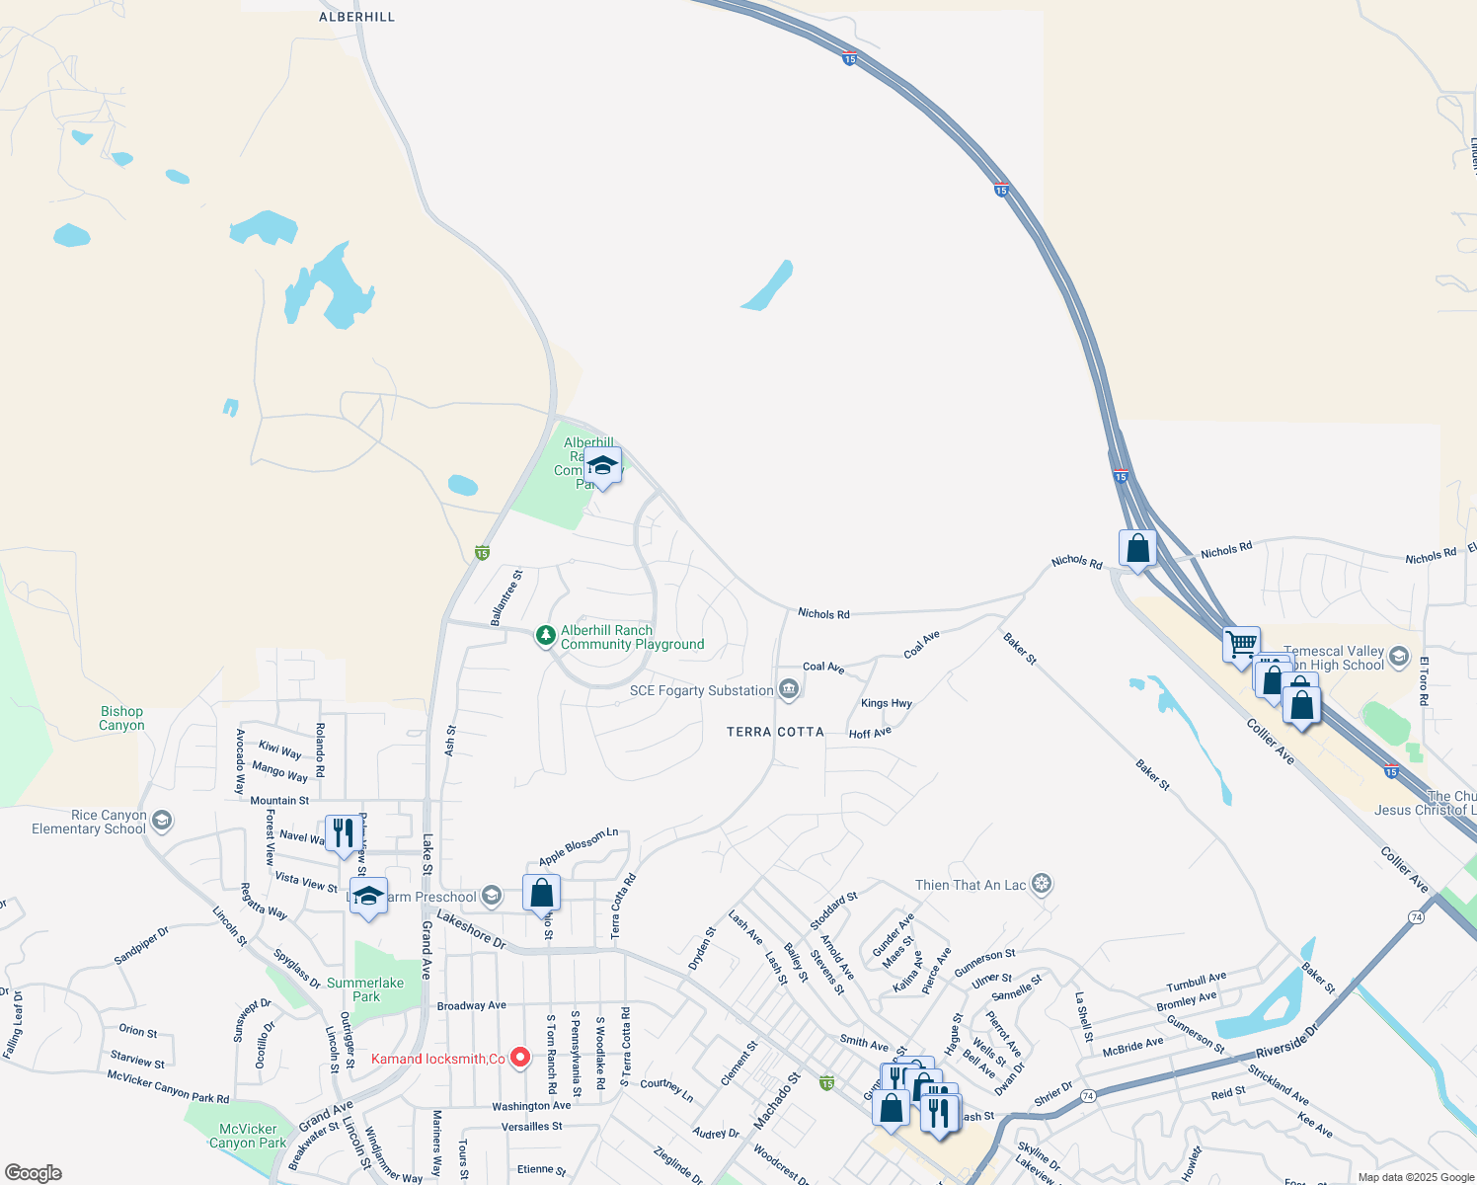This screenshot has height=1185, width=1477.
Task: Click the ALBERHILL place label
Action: pyautogui.click(x=356, y=17)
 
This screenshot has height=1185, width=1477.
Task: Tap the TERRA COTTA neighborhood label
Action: pyautogui.click(x=775, y=732)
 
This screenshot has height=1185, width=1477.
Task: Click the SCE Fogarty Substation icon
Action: pyautogui.click(x=788, y=689)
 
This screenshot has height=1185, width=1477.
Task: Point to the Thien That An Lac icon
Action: pyautogui.click(x=1042, y=884)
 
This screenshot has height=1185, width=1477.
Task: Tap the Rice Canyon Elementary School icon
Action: pyautogui.click(x=162, y=821)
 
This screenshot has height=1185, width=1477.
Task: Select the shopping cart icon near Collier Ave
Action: pyautogui.click(x=1241, y=644)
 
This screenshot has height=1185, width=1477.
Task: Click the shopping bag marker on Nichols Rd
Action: pyautogui.click(x=1137, y=547)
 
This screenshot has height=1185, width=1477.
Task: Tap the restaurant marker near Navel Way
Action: pyautogui.click(x=343, y=832)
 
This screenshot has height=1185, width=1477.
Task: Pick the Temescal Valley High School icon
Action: pyautogui.click(x=1398, y=657)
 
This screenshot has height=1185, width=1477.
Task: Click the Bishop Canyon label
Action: pyautogui.click(x=121, y=718)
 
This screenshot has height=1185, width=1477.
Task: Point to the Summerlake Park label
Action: pyautogui.click(x=365, y=989)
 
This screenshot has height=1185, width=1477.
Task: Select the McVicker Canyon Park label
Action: pyautogui.click(x=248, y=1136)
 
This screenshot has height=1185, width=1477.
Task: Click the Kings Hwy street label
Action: pyautogui.click(x=886, y=703)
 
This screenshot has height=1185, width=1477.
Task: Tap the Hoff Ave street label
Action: pyautogui.click(x=870, y=733)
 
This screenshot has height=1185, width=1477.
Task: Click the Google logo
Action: pyautogui.click(x=34, y=1172)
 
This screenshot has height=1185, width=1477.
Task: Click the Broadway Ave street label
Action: pyautogui.click(x=471, y=1005)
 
